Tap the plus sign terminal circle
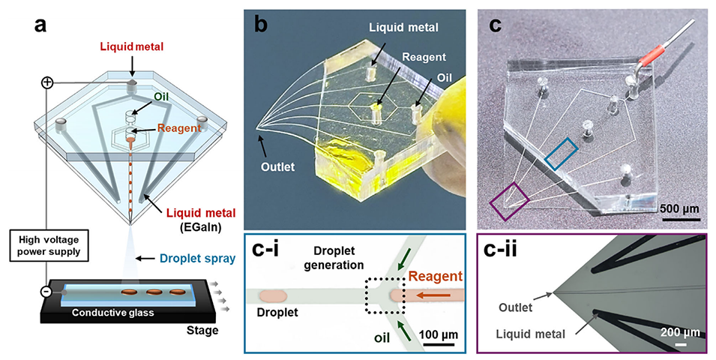click(x=47, y=82)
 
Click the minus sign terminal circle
click(x=46, y=291)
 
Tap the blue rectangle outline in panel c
click(x=562, y=153)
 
